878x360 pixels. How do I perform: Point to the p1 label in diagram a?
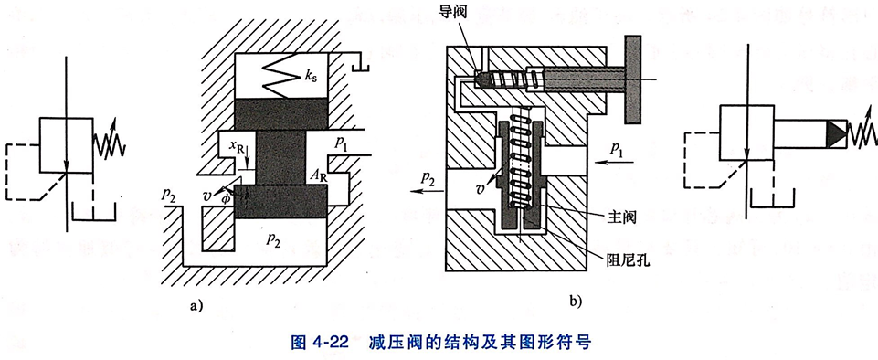pos(342,143)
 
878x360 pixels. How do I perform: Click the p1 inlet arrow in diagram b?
pos(615,163)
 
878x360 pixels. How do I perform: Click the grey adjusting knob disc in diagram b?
pos(633,79)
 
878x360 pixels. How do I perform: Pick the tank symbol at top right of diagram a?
pos(361,61)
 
